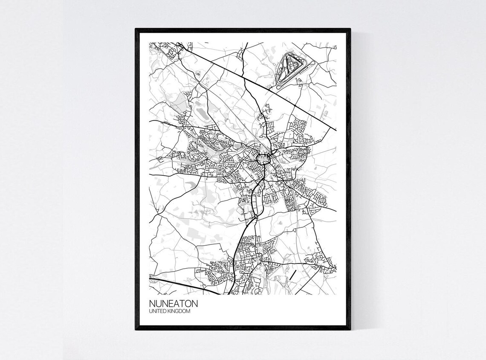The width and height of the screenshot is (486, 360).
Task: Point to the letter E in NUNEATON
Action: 169,304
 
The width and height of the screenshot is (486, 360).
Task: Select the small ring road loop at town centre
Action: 263,160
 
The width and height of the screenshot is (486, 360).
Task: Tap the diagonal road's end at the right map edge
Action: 336,130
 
